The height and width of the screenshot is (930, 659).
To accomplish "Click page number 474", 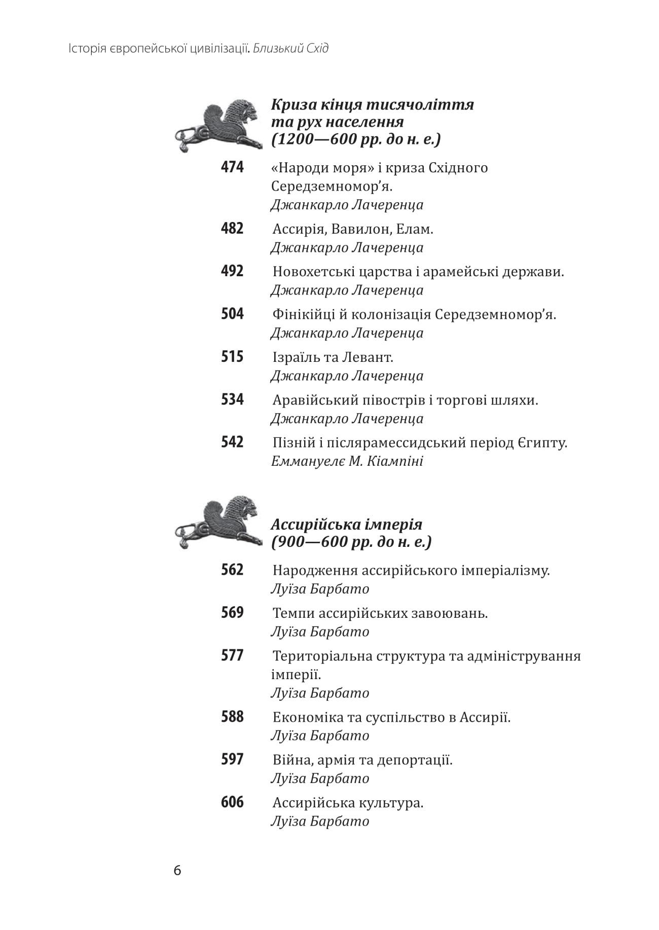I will [x=232, y=167].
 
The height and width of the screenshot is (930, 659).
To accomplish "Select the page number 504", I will [x=232, y=314].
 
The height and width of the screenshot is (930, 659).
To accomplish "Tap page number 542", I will [x=232, y=442].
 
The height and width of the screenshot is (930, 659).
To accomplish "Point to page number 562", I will [x=232, y=570].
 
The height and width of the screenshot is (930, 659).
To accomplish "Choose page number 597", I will [x=232, y=760].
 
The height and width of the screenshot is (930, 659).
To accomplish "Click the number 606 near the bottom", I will [x=232, y=802].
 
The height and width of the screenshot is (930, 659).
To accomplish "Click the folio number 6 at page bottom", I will [x=177, y=871].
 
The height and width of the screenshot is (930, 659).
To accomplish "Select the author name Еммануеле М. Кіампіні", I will [x=347, y=461].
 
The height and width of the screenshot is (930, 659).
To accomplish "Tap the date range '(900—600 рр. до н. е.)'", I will [x=351, y=542].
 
